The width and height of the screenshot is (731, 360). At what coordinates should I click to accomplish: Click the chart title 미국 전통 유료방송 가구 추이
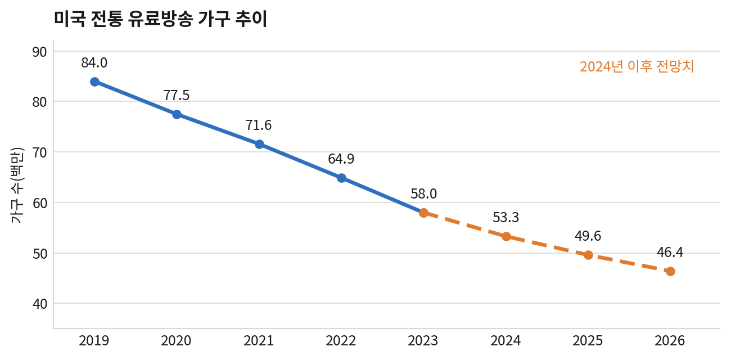pos(161,19)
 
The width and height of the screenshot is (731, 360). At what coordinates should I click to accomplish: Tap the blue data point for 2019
pos(94,82)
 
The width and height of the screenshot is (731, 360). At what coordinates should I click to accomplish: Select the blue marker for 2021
pos(259,144)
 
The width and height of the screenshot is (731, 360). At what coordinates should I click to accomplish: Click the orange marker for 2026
pos(670,271)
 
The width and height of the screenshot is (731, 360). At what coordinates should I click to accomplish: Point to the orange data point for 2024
pos(506,236)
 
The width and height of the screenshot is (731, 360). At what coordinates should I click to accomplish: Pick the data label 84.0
pos(94,62)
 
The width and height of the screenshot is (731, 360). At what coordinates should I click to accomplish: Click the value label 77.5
pos(177,95)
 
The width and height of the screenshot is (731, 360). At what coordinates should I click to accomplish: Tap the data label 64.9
pos(341,159)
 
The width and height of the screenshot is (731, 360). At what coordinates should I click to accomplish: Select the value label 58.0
pos(423,194)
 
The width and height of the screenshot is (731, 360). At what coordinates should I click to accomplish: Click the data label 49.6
pos(588,236)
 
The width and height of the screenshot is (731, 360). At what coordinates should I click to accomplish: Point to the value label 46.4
pos(670,253)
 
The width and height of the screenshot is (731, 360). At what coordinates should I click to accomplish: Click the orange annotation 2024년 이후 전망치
pos(637,66)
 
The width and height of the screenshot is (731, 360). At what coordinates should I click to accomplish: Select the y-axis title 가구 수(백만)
pos(17,185)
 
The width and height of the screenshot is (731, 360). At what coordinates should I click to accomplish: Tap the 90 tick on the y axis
pos(39,52)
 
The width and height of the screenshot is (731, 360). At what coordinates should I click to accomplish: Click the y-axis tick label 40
pos(39,304)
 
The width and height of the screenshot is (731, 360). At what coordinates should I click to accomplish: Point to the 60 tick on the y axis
pos(39,203)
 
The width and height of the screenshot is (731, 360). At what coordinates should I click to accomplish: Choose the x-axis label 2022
pos(341,341)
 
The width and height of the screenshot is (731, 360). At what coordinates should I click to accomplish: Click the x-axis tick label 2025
pos(588,341)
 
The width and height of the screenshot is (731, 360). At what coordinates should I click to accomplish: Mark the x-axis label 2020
pos(176,341)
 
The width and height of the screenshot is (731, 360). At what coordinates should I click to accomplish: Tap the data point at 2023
pos(423,213)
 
